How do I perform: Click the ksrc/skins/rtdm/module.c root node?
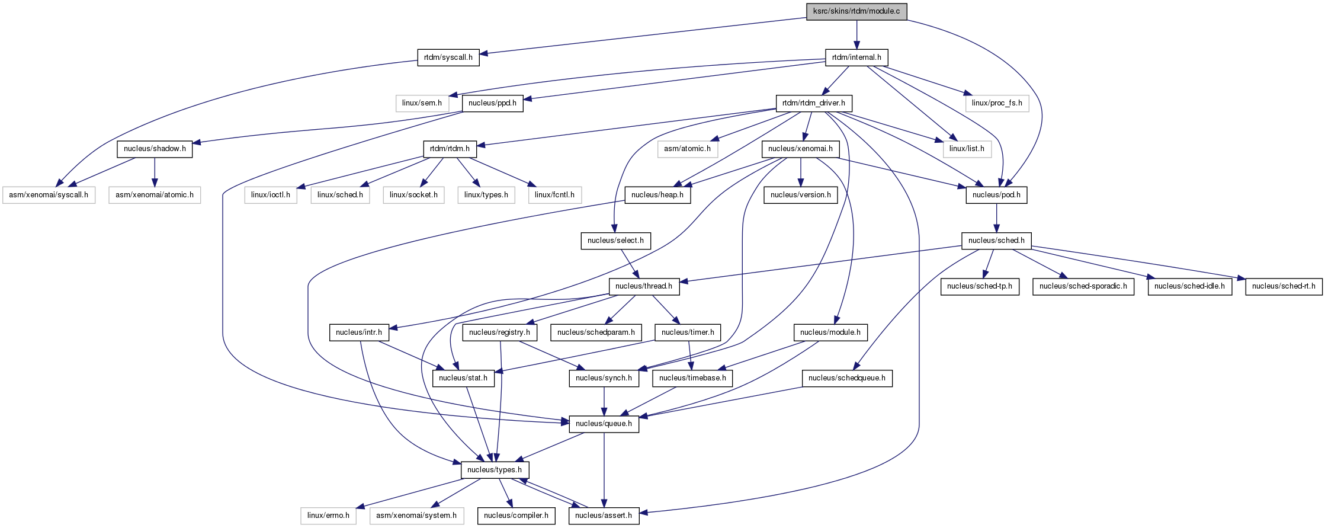coord(856,11)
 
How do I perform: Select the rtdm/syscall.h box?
coord(448,57)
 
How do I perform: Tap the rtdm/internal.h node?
coord(856,57)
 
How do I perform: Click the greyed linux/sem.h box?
coord(422,103)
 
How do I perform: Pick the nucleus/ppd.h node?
coord(492,103)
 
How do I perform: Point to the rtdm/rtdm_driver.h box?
coord(814,103)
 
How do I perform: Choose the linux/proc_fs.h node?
coord(997,103)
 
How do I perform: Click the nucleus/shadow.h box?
coord(155,149)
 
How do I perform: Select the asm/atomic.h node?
coord(687,149)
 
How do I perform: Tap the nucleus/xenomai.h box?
coord(800,149)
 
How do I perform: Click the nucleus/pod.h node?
coord(996,195)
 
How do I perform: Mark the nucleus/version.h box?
coord(800,195)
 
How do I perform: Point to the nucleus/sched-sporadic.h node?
coord(1083,286)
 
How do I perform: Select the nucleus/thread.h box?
coord(644,286)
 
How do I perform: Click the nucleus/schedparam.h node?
coord(596,332)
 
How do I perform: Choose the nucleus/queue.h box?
coord(604,424)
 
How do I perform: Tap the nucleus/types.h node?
coord(495,470)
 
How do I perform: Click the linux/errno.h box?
coord(328,516)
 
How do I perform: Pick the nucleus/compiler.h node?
coord(516,516)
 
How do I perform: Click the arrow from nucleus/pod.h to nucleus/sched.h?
coord(996,217)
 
